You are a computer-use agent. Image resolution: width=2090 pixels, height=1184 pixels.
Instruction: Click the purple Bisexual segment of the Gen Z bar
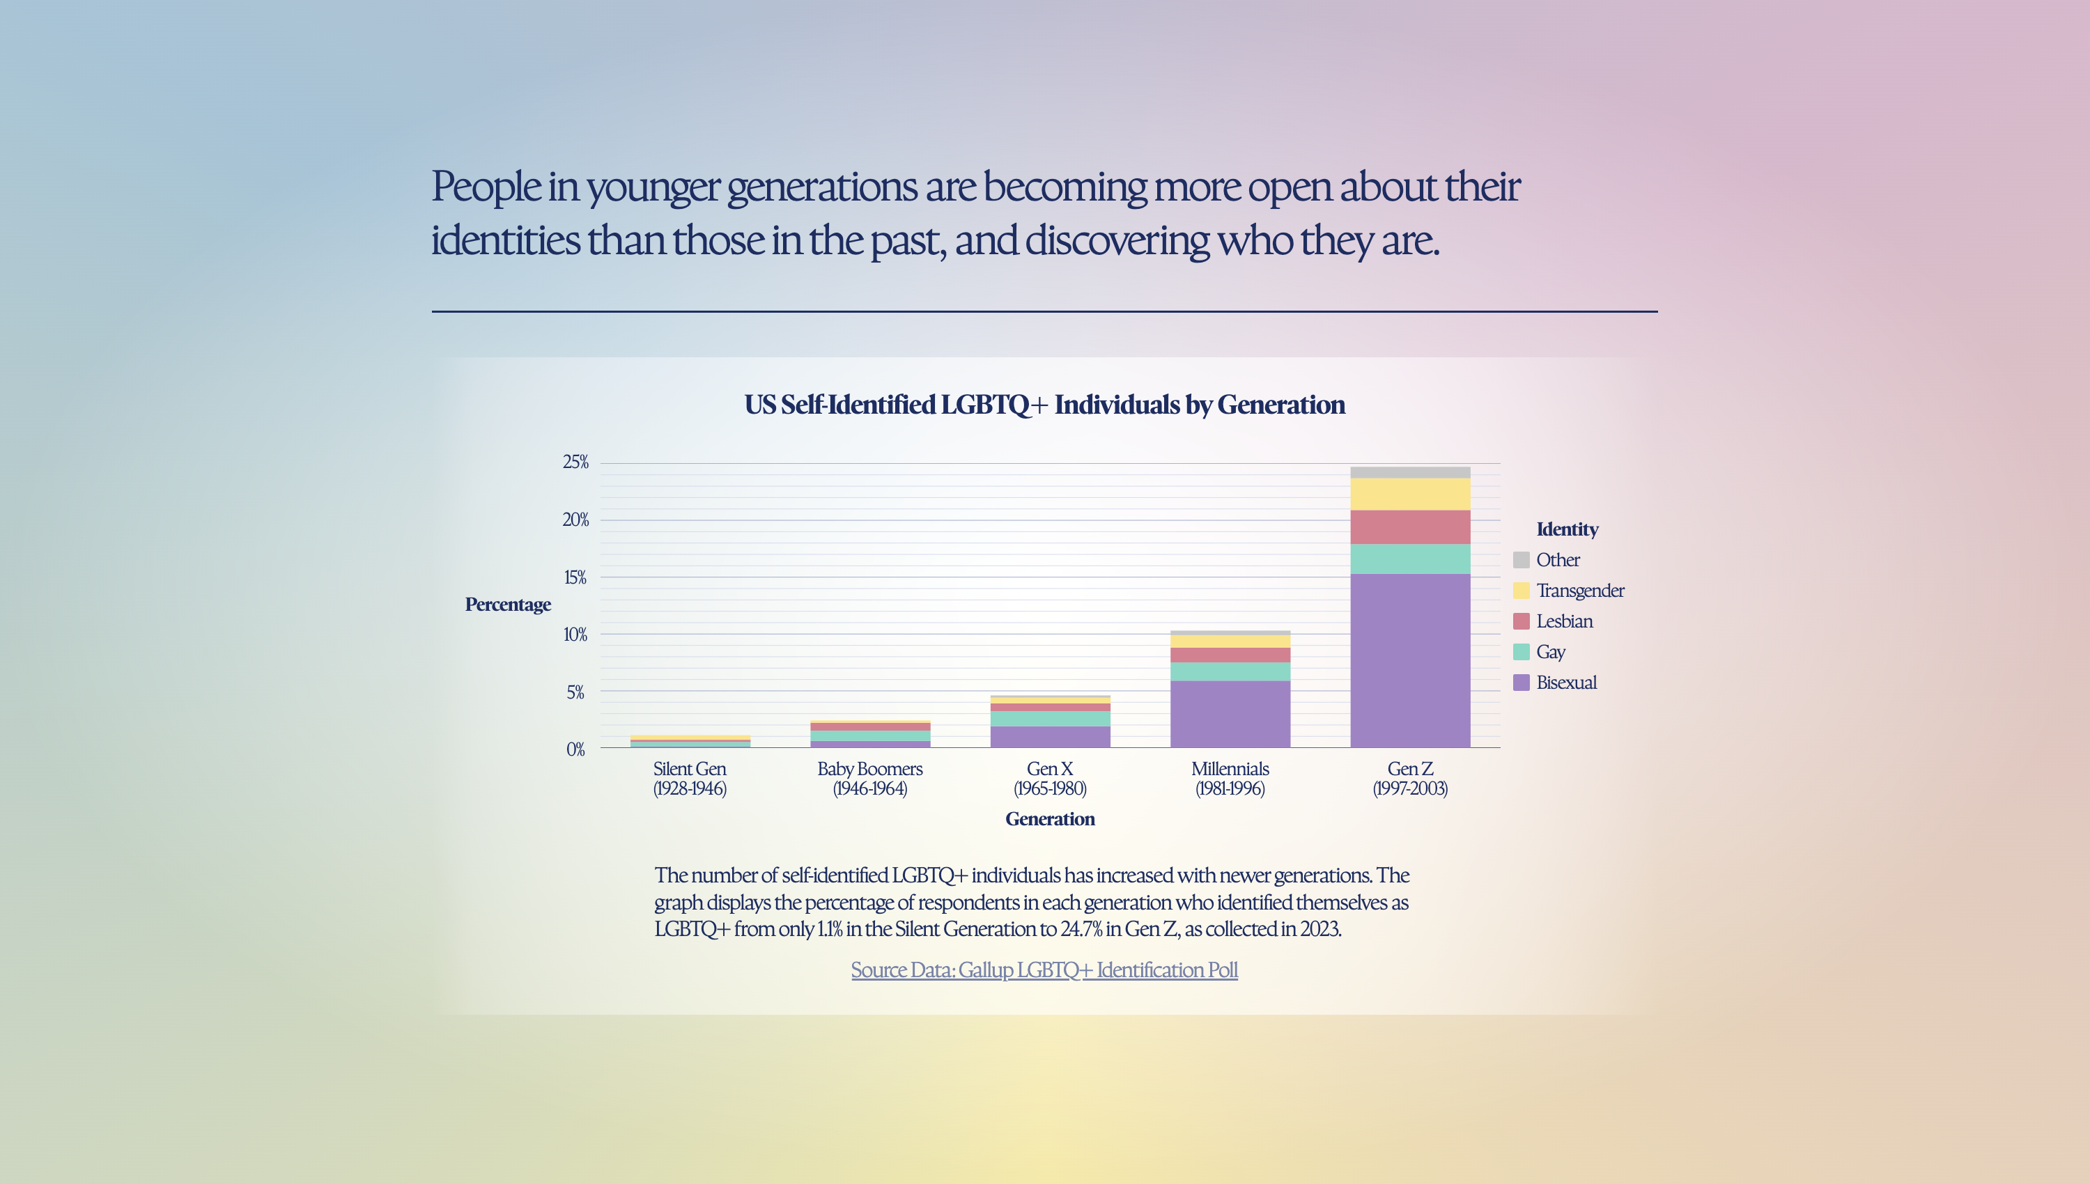click(1409, 660)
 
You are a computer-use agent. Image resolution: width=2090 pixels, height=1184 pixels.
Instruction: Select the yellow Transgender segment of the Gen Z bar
click(1409, 494)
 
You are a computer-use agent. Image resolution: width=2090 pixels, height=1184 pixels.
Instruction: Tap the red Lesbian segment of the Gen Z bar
click(1409, 527)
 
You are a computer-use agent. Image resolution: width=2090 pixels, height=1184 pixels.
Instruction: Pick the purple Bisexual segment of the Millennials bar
click(1230, 714)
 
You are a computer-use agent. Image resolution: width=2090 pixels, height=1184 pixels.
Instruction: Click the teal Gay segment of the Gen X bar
click(1050, 719)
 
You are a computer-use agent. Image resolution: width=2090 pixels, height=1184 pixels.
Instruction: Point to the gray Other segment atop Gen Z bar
click(1409, 472)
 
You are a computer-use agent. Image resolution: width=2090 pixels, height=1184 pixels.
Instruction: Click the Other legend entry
click(1556, 560)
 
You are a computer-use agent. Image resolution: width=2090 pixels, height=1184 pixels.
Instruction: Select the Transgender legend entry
click(1579, 591)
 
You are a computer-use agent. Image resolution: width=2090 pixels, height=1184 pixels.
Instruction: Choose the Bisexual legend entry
click(1565, 683)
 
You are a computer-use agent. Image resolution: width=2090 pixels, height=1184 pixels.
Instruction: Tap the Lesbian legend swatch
click(1521, 621)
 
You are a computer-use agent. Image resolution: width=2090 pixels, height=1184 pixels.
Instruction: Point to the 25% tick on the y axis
click(575, 462)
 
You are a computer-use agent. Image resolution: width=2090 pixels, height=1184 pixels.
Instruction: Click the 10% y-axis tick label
click(575, 635)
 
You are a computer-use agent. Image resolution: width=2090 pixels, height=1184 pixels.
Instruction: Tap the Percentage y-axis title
click(507, 605)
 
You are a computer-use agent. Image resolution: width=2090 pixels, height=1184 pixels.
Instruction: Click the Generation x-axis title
click(1050, 820)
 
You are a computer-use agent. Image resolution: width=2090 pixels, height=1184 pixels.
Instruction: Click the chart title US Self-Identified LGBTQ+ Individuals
click(1044, 405)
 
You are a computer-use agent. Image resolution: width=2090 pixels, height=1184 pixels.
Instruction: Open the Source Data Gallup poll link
click(1044, 970)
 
